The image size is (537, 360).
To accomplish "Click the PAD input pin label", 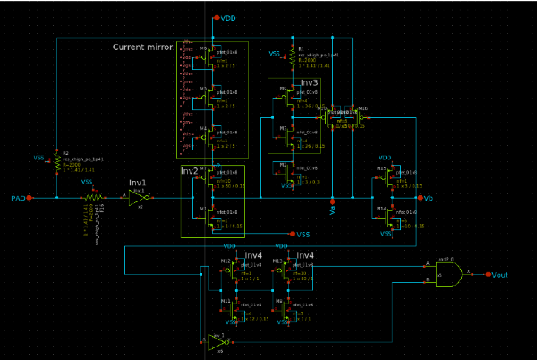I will tap(14, 197).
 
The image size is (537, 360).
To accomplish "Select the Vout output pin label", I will tap(501, 276).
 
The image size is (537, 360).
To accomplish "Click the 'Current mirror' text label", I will tap(142, 47).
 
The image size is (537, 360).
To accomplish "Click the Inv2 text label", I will tap(189, 170).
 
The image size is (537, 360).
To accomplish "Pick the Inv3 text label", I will tap(309, 81).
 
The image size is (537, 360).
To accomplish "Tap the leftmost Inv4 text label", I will tap(253, 255).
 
